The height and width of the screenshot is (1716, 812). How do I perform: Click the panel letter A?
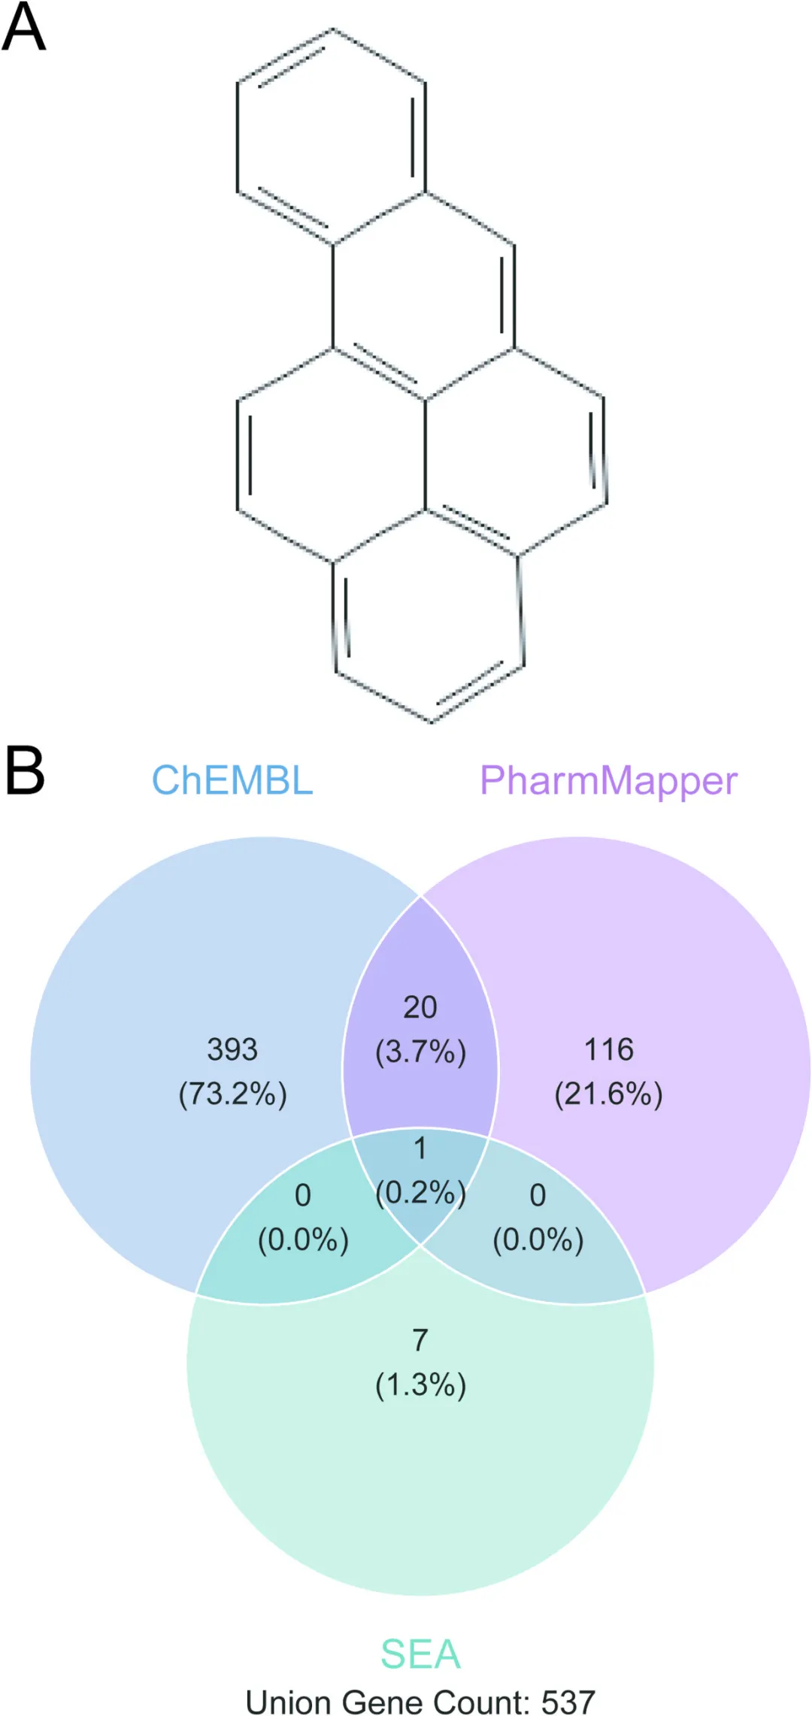(x=23, y=26)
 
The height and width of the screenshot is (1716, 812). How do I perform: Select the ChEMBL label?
(x=232, y=780)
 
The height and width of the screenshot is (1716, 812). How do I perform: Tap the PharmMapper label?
(x=608, y=782)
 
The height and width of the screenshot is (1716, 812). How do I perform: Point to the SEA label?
(x=420, y=1654)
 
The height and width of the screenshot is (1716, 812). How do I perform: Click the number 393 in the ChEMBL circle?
(x=232, y=1049)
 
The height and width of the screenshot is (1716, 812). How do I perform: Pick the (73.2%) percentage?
(x=232, y=1093)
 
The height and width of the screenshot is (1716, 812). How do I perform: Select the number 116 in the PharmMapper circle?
(x=609, y=1049)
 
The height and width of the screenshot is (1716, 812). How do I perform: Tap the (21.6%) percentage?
(x=608, y=1093)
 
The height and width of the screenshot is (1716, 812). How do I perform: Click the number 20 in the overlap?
(x=420, y=1007)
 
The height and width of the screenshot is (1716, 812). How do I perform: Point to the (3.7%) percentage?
(x=420, y=1051)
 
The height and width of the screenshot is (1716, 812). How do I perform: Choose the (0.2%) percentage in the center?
(x=420, y=1192)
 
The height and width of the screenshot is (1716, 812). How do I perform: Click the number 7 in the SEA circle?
(x=420, y=1339)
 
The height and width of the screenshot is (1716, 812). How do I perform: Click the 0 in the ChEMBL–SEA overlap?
(x=303, y=1195)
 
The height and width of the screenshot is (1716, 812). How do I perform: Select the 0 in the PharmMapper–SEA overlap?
(x=538, y=1195)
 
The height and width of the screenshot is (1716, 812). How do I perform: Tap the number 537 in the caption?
(x=568, y=1702)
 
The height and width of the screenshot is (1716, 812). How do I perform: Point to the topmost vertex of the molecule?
(x=332, y=29)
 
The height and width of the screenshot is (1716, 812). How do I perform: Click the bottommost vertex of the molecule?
(x=432, y=722)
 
